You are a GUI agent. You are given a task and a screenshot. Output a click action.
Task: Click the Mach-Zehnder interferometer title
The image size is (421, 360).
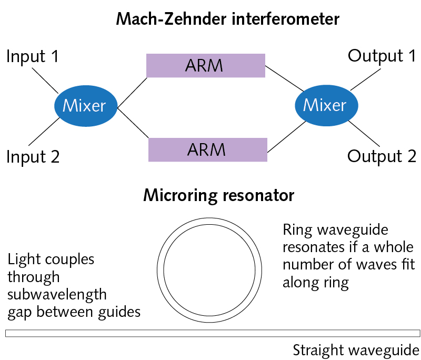(227, 19)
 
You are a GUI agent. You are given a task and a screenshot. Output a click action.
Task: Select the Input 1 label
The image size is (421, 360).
(33, 57)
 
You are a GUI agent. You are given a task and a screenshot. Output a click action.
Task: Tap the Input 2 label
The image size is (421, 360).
(33, 156)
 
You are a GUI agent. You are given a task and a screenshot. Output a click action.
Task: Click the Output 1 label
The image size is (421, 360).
(382, 56)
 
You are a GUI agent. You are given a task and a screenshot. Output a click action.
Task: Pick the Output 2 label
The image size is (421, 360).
(382, 156)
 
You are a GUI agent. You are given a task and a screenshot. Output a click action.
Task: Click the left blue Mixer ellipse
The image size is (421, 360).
(84, 106)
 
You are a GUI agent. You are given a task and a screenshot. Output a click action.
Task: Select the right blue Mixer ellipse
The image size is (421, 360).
(325, 105)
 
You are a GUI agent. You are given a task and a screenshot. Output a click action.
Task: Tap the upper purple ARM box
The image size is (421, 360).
(205, 66)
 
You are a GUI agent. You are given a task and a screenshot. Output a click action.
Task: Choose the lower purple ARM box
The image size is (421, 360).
(208, 149)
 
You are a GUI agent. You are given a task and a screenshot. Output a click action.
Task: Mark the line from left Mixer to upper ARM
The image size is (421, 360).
(132, 93)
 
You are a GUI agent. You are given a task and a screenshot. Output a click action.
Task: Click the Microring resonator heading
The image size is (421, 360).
(218, 196)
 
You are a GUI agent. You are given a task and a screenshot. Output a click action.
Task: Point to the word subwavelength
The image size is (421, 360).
(57, 294)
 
